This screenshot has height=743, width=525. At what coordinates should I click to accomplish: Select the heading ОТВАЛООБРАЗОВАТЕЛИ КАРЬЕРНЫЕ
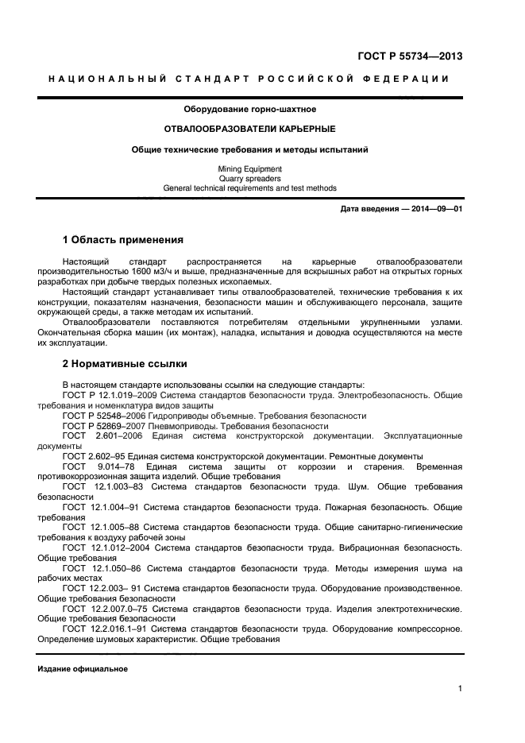(x=249, y=129)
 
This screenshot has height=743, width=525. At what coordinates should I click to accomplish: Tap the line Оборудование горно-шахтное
(x=249, y=109)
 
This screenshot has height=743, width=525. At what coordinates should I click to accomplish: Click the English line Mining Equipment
(x=249, y=169)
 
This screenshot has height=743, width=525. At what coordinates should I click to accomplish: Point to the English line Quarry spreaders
(x=249, y=179)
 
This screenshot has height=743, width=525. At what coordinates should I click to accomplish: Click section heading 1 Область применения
(x=123, y=239)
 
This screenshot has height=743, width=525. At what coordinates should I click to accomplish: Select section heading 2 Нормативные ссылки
(x=125, y=364)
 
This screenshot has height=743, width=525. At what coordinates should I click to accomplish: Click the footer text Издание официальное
(x=83, y=668)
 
